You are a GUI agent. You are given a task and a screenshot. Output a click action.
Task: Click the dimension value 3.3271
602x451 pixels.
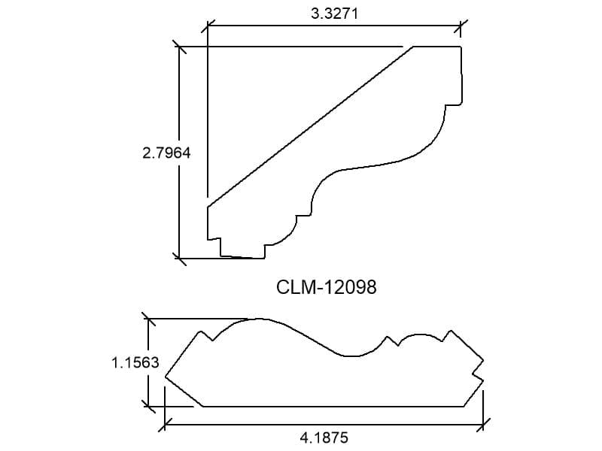[x=334, y=14]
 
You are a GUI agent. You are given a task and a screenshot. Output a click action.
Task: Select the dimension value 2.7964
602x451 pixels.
[x=166, y=153]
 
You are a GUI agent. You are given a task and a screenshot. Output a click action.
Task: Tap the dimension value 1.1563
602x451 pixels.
[x=135, y=362]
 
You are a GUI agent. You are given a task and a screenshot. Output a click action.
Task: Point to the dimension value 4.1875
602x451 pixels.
[x=324, y=437]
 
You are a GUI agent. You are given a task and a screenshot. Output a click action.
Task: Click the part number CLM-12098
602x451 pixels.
[x=327, y=287]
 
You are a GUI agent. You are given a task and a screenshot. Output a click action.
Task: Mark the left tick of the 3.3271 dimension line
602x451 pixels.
[x=208, y=26]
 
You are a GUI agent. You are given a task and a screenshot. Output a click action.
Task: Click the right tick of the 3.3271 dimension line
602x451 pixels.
[x=461, y=26]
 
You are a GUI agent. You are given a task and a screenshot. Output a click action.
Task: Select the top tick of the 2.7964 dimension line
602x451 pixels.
[x=179, y=47]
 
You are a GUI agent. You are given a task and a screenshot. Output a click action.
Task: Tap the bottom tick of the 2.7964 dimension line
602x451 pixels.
[x=179, y=258]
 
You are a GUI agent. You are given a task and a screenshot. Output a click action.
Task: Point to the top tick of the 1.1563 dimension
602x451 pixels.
[x=148, y=318]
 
